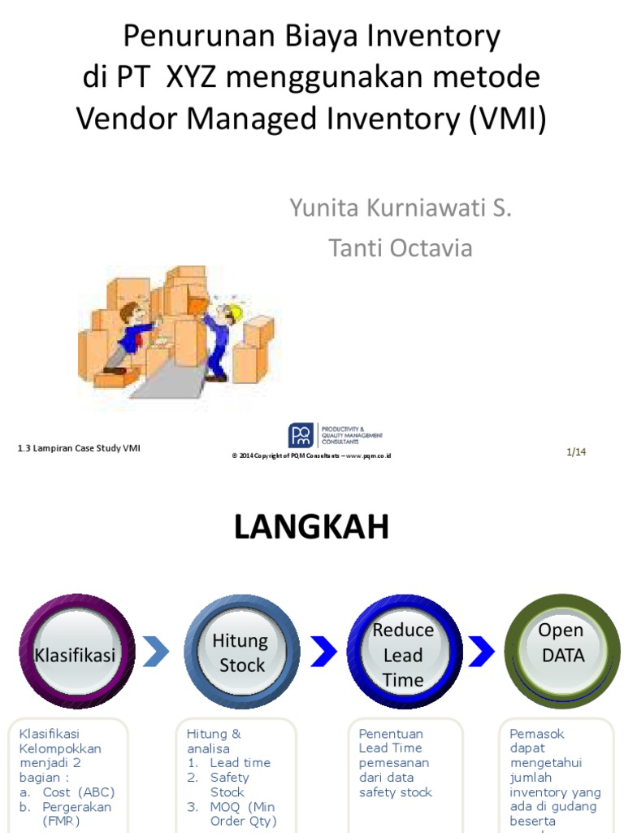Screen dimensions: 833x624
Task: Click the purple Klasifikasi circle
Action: tap(76, 653)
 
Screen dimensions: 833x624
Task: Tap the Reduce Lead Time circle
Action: tap(404, 653)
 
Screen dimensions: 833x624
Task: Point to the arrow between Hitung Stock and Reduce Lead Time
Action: tap(323, 651)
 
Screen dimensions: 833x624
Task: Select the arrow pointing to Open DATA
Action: tap(482, 651)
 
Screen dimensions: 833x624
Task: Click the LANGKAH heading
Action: tap(311, 528)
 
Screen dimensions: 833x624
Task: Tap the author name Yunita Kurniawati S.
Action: tap(401, 208)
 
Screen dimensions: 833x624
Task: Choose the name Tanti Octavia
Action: tap(401, 248)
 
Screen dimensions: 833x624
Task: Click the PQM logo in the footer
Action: tap(300, 434)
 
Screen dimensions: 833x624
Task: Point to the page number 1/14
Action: tap(576, 452)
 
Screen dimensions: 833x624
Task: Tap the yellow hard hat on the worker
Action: tap(235, 310)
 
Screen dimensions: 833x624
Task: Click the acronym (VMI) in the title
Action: tap(507, 120)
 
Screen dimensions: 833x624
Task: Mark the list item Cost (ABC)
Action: tap(79, 792)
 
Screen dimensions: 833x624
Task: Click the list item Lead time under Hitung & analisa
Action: tap(240, 763)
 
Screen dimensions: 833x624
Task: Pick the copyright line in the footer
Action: tap(312, 456)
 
